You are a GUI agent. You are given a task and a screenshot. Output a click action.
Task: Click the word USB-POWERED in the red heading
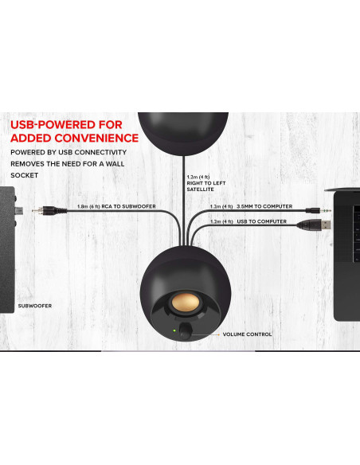(x=66, y=125)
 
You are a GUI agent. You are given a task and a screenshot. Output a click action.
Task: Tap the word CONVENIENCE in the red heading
(x=96, y=139)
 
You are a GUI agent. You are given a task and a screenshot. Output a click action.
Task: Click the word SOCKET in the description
(x=25, y=175)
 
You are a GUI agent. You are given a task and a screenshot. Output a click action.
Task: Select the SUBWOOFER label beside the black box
(x=35, y=306)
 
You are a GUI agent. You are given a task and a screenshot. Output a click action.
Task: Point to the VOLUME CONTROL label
(x=247, y=334)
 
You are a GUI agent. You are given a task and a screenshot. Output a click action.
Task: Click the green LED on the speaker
(x=174, y=330)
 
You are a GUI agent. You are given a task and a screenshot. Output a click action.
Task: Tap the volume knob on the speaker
(x=186, y=330)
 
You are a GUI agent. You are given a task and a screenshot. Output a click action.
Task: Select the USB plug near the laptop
(x=314, y=225)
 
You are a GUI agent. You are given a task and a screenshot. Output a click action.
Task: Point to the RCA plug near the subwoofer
(x=49, y=210)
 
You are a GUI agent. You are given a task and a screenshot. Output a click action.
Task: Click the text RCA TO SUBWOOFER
(x=128, y=206)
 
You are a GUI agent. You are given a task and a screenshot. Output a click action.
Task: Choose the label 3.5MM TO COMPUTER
(x=264, y=206)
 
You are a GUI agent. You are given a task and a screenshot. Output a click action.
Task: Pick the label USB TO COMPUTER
(x=261, y=221)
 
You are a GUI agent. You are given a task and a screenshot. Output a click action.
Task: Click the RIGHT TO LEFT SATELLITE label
(x=206, y=186)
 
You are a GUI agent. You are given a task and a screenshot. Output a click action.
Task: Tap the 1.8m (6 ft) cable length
(x=88, y=206)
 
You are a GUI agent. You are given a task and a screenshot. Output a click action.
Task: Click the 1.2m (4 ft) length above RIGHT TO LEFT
(x=198, y=177)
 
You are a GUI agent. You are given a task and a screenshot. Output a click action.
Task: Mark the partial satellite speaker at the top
(x=183, y=132)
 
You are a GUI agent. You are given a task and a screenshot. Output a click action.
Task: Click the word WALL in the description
(x=115, y=164)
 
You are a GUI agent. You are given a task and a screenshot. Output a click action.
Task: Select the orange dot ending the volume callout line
(x=218, y=334)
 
